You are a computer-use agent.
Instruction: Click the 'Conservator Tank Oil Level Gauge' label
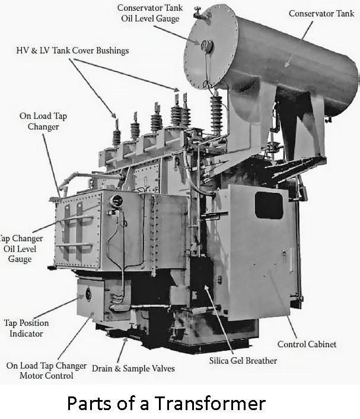(150, 13)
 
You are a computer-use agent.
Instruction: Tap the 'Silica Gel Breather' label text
(243, 361)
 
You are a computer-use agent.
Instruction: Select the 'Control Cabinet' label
(307, 344)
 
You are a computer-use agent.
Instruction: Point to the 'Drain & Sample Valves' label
(133, 369)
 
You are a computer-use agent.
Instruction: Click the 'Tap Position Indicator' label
(26, 328)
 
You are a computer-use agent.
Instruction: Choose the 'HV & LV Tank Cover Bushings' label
(72, 50)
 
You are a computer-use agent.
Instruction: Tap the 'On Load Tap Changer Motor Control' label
(46, 370)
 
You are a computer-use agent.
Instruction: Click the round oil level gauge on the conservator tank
(207, 46)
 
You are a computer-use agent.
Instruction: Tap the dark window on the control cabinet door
(269, 205)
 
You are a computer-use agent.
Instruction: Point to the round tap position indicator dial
(88, 294)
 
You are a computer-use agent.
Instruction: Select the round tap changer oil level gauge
(116, 201)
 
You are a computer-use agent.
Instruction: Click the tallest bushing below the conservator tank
(216, 112)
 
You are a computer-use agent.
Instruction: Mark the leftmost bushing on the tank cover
(116, 133)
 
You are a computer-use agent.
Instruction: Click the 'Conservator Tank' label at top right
(321, 14)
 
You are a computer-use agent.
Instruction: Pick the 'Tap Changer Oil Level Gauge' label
(20, 249)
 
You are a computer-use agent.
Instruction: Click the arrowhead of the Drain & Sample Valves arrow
(126, 339)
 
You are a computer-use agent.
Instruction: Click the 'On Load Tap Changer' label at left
(43, 121)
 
